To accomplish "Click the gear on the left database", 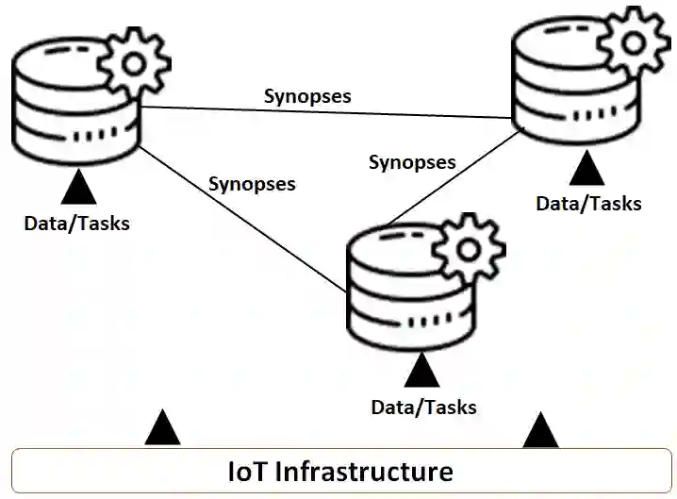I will (135, 61).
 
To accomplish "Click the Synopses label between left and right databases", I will (307, 96).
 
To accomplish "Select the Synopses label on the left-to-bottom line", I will (251, 183).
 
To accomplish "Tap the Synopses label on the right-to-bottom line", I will (412, 162).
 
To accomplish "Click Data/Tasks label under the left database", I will (77, 224).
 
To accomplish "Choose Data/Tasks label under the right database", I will (588, 203).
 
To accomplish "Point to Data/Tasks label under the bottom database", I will (423, 408).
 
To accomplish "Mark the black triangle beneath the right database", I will (589, 168).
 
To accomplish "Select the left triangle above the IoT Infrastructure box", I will (162, 429).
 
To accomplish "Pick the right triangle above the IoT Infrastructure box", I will (540, 431).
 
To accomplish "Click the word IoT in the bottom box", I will (248, 470).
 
